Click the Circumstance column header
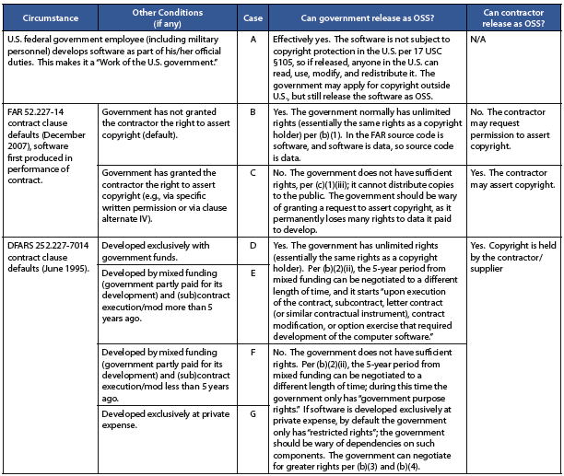(x=47, y=17)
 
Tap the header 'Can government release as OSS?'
(x=367, y=17)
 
